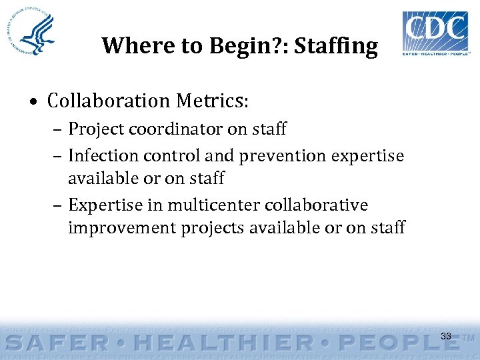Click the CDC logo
click(x=435, y=33)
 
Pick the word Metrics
click(x=211, y=101)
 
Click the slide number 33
click(x=446, y=336)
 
